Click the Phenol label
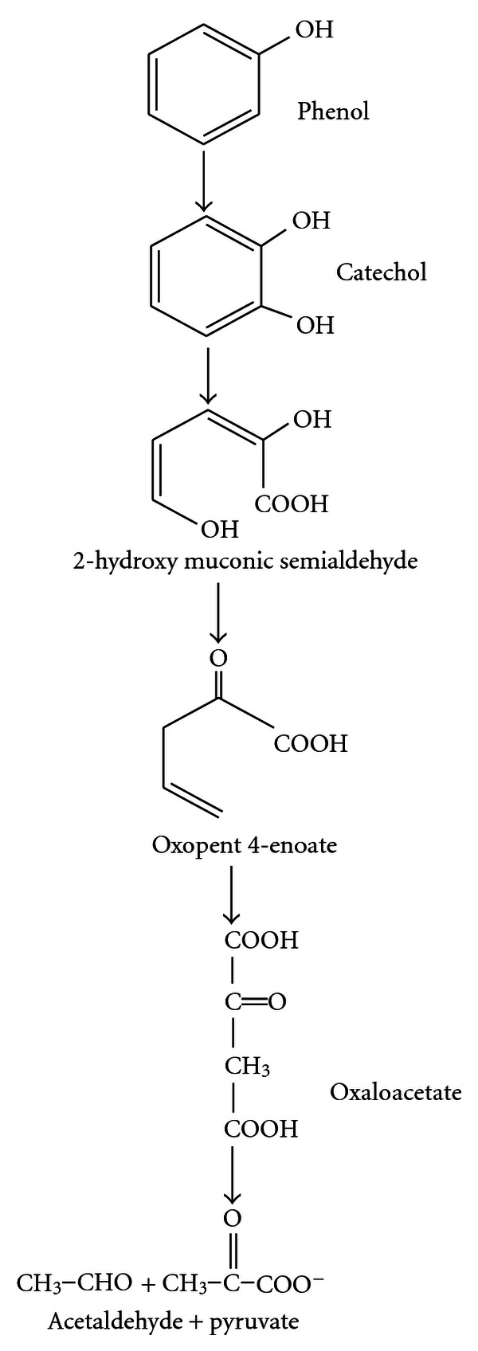click(333, 111)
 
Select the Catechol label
click(381, 272)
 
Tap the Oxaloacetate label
click(395, 1091)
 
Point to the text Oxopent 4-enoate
click(244, 844)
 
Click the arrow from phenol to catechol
click(205, 179)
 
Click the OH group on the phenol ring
click(315, 31)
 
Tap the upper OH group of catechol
click(311, 220)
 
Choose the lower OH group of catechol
click(315, 325)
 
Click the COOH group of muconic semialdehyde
click(291, 503)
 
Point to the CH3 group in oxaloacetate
click(246, 1066)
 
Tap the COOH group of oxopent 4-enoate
click(311, 744)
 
